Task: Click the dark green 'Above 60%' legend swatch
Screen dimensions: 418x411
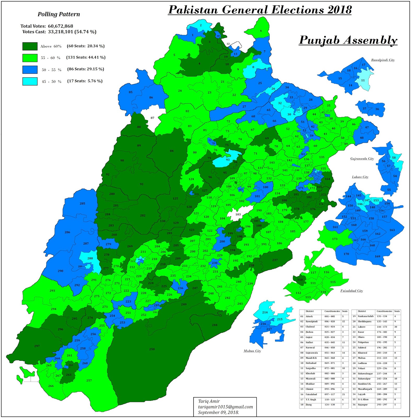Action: pos(30,46)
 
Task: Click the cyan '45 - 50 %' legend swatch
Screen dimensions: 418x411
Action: pos(30,81)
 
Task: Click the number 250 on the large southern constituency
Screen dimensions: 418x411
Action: pos(152,349)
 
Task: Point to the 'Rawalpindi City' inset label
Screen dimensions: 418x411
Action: pos(383,60)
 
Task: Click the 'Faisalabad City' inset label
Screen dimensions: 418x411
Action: pos(351,291)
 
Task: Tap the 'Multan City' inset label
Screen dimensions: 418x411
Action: pos(252,351)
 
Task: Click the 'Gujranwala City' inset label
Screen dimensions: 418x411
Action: pos(362,159)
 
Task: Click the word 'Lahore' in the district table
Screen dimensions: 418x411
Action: pos(362,327)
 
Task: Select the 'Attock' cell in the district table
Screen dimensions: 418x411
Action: pos(309,316)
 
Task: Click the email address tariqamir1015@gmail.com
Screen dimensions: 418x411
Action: pos(225,407)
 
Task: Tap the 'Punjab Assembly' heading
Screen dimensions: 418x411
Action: pos(348,40)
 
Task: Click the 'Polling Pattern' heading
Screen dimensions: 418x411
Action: pos(59,14)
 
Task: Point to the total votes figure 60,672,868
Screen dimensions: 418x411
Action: pos(60,26)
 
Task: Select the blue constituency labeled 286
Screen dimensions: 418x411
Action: pos(67,232)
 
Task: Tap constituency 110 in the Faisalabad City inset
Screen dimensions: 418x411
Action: pos(300,280)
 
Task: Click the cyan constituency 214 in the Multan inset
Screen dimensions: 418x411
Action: pos(265,312)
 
